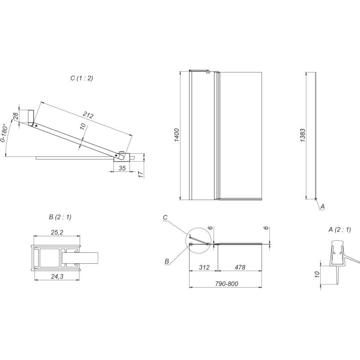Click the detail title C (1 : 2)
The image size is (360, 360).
coord(82,78)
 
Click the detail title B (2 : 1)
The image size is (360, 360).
coord(60,217)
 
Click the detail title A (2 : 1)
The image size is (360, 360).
coord(340,229)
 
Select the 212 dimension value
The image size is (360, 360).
coord(88,115)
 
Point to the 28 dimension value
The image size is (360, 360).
coord(15,116)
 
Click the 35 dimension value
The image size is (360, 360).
coord(122,168)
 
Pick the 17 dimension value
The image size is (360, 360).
coord(141,174)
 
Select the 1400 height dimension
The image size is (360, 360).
coord(176,135)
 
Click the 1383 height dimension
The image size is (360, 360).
coord(303,135)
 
